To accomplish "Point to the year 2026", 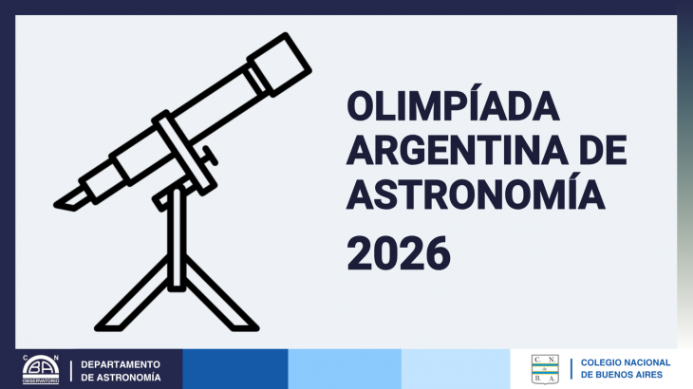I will tap(397, 253).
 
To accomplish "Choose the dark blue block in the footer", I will tap(234, 369).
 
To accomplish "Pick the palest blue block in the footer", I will tap(455, 369).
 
